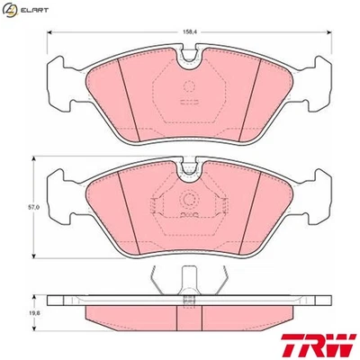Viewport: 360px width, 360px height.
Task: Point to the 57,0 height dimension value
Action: point(32,207)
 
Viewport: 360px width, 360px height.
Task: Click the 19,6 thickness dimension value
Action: point(33,311)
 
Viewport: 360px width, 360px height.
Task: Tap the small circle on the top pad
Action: point(189,87)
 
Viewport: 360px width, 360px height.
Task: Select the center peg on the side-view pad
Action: point(189,281)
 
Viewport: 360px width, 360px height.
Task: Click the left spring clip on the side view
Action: point(158,282)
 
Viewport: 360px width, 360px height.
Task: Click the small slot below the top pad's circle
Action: point(189,103)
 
